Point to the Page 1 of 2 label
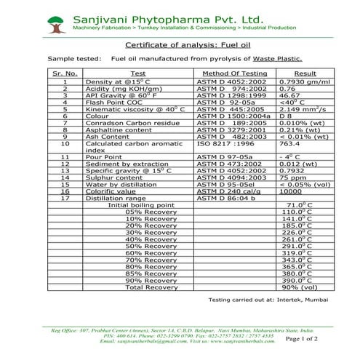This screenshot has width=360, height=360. (322, 339)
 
